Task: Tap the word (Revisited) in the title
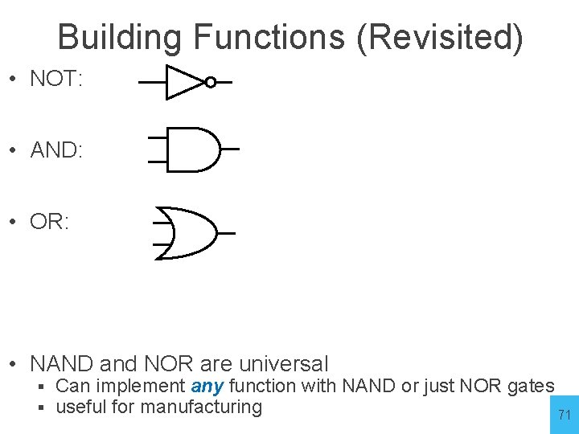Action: pos(440,37)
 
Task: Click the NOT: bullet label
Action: pos(55,79)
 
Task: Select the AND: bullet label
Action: pos(56,149)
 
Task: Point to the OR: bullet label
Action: pos(50,222)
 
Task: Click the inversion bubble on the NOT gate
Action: pos(210,82)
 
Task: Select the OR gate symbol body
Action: pos(190,233)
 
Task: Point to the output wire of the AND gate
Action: pos(230,149)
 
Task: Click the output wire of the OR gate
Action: pos(226,233)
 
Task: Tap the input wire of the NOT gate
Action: pos(152,82)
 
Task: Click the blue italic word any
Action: pos(207,386)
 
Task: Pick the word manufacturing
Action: pos(201,407)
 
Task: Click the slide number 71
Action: pos(565,416)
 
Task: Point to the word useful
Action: pos(80,407)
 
